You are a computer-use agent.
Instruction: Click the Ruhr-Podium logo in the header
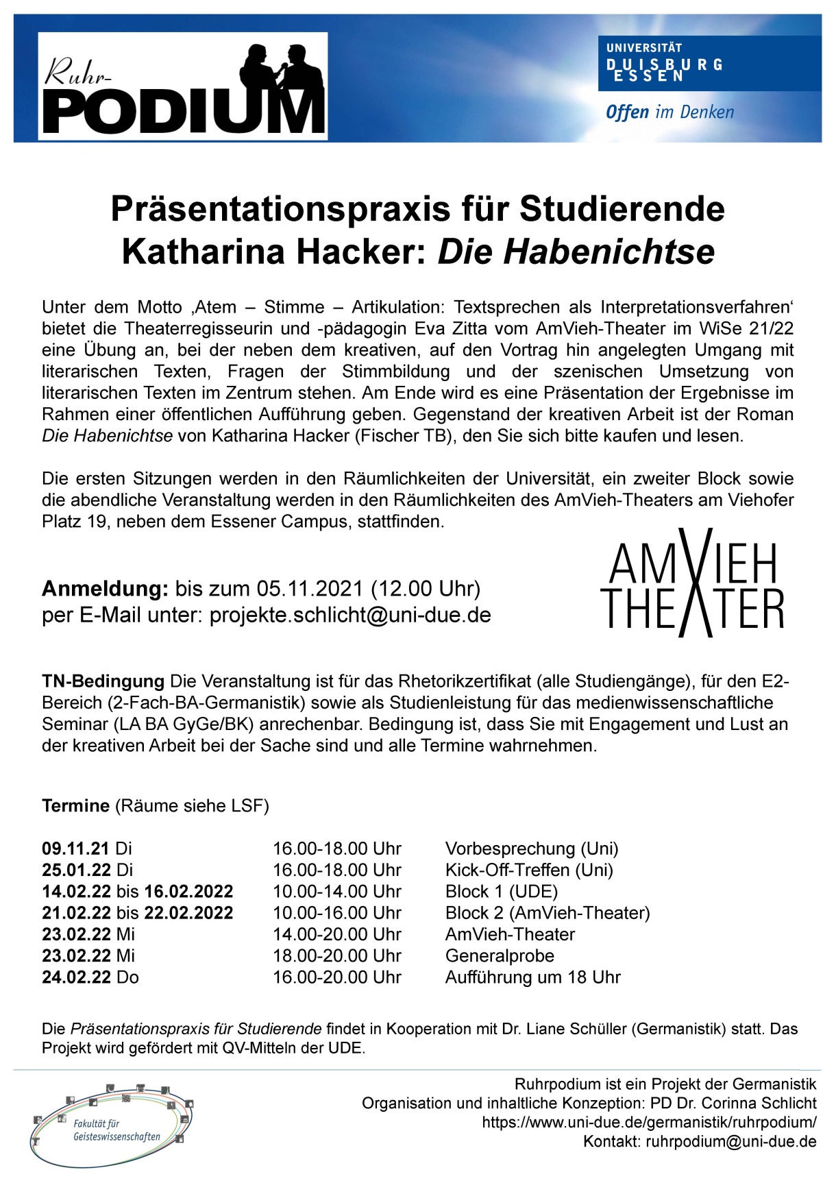[x=182, y=86]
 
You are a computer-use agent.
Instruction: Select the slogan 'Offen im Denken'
[x=669, y=112]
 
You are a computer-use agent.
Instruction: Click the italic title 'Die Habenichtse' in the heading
[x=576, y=252]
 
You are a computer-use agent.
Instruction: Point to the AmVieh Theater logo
[x=692, y=583]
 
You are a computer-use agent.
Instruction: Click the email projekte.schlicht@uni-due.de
[x=350, y=615]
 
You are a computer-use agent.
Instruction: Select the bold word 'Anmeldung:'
[x=105, y=589]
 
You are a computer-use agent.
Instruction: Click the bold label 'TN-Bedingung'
[x=103, y=681]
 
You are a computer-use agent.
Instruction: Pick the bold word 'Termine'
[x=75, y=805]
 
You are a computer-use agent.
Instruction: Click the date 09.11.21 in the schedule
[x=75, y=849]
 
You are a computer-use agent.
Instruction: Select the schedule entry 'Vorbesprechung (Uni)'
[x=532, y=849]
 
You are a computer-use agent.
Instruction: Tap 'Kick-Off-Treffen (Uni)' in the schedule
[x=529, y=870]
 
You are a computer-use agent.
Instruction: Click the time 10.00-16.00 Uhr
[x=337, y=913]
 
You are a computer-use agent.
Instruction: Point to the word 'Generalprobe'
[x=500, y=955]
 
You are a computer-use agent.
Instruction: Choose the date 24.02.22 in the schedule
[x=76, y=977]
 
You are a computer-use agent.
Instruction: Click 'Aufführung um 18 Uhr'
[x=532, y=977]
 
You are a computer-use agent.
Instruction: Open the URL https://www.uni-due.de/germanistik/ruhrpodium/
[x=649, y=1122]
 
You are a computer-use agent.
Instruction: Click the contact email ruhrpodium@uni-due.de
[x=730, y=1141]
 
